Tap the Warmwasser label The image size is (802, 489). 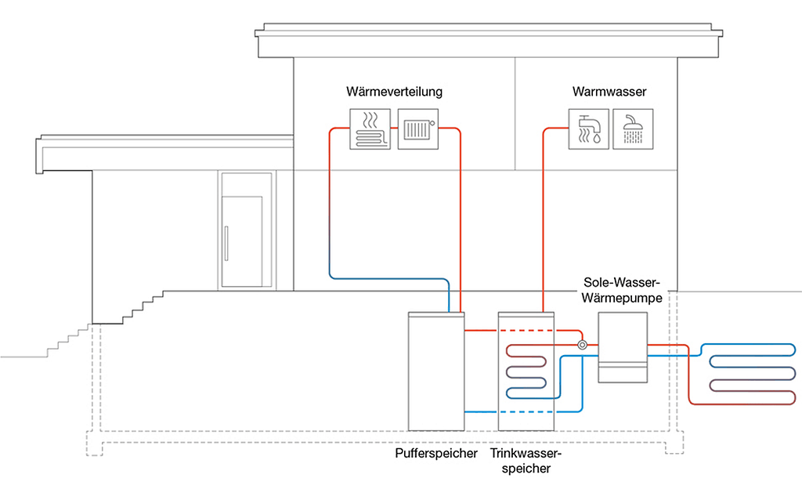(x=609, y=92)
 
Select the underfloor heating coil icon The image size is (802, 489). (x=368, y=129)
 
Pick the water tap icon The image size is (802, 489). (x=587, y=129)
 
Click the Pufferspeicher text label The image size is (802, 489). (x=437, y=454)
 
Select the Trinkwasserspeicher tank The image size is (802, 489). (x=527, y=370)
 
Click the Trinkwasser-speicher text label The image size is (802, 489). (x=527, y=461)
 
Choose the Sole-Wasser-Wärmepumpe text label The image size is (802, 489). (x=623, y=290)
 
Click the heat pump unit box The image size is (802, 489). (x=623, y=347)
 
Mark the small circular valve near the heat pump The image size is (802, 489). (x=582, y=345)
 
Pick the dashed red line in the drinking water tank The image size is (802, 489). (x=526, y=331)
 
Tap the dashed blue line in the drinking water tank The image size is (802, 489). (x=526, y=412)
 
